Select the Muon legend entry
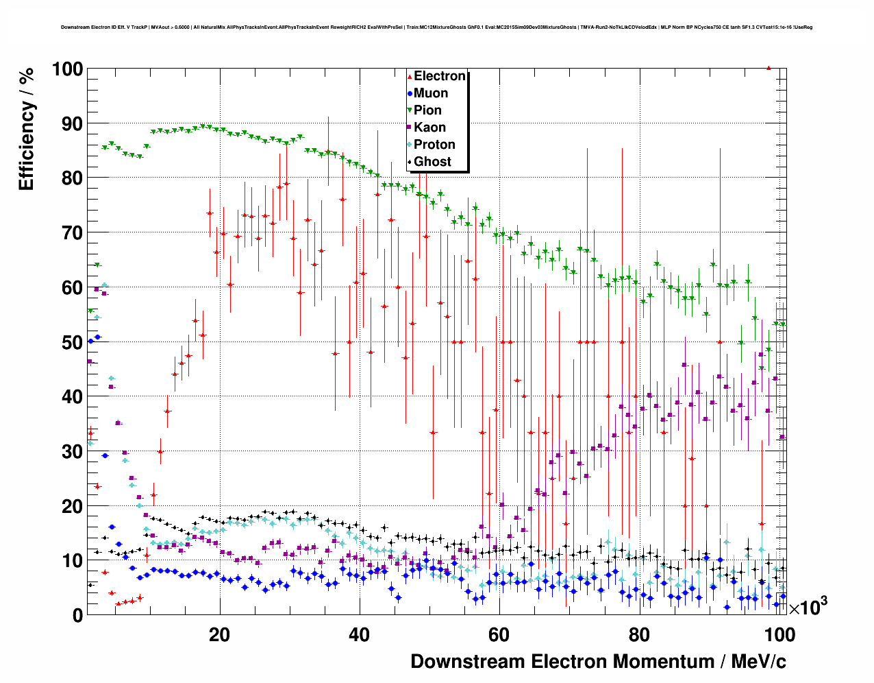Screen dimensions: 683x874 point(430,93)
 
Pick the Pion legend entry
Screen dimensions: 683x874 point(427,110)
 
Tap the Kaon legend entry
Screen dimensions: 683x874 point(429,128)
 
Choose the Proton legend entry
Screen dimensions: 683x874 point(434,145)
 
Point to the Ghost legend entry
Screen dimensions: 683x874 point(432,162)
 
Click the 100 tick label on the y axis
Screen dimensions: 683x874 point(66,69)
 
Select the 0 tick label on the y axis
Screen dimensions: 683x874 point(77,615)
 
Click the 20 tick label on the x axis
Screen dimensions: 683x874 point(219,634)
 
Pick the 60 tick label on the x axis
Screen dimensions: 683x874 point(499,634)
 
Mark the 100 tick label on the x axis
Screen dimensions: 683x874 point(779,634)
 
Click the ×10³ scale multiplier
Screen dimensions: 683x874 point(808,607)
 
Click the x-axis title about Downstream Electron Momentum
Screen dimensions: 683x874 point(598,662)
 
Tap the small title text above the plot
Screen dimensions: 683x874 point(436,27)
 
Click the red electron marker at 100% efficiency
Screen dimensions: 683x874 point(769,68)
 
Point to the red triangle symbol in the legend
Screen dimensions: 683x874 point(410,77)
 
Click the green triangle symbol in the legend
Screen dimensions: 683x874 point(410,110)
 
